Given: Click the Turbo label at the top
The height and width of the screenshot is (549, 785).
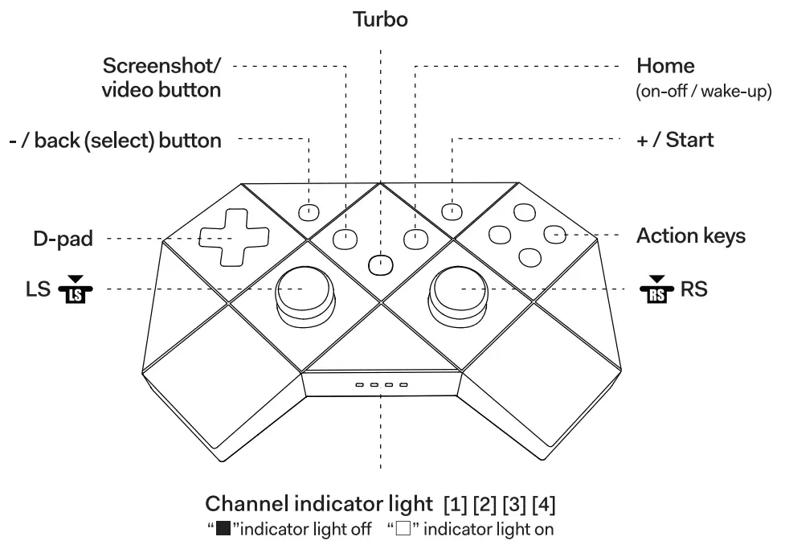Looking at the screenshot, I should point(381,20).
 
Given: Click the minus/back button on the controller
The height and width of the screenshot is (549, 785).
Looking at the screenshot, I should point(309,212).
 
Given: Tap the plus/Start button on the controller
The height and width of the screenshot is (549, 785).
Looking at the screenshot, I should point(452,211).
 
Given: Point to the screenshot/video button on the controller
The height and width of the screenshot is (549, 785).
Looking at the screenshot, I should point(345,238).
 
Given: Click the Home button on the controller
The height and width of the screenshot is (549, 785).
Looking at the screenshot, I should point(415,238).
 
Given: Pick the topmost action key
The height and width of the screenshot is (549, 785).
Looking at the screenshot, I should point(524,212).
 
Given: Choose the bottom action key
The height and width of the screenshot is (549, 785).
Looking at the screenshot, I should point(529,257).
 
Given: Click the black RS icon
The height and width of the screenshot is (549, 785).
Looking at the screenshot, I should point(656,290).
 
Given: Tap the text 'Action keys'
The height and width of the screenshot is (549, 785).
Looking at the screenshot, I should point(690,236).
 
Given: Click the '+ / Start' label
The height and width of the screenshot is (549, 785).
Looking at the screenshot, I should point(674,140).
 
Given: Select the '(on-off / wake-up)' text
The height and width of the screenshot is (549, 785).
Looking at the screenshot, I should point(703,91).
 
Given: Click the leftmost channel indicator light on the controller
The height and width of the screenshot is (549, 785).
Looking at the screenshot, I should point(361,385).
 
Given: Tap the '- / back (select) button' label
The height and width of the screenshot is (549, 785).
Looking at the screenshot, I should point(116,141).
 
